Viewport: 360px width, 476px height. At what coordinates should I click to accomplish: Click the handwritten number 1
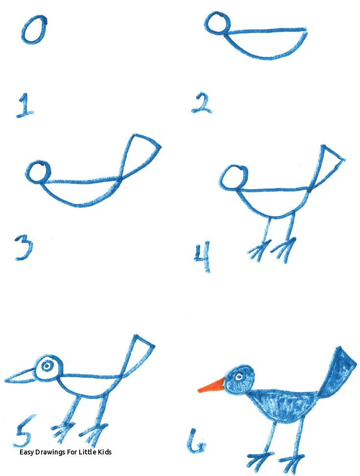pos(24,106)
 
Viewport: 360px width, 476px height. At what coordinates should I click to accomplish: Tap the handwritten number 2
pos(202,103)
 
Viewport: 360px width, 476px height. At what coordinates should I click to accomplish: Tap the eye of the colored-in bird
pos(238,377)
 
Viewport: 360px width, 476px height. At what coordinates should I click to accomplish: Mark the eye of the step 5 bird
pos(46,366)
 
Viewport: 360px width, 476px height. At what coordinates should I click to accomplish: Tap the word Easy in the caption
pos(27,453)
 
